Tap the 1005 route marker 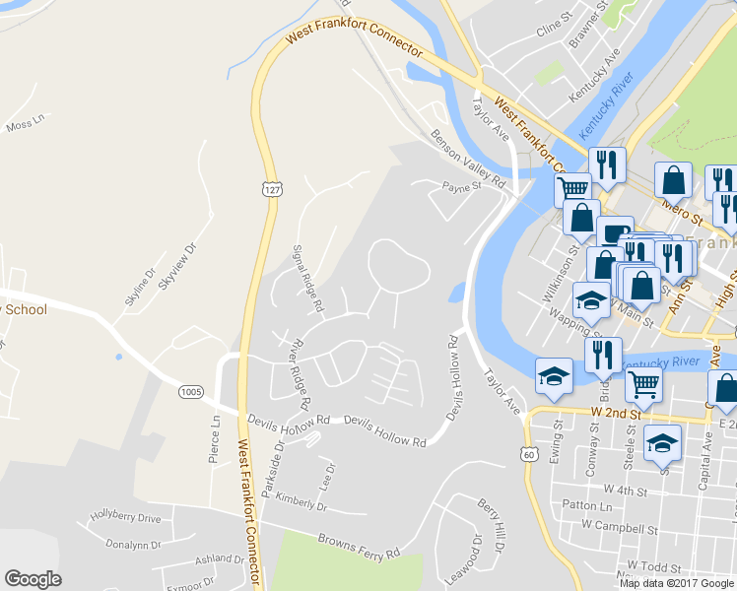pyautogui.click(x=192, y=392)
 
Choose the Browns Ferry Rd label pyautogui.click(x=359, y=547)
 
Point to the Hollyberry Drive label pyautogui.click(x=125, y=517)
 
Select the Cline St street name pyautogui.click(x=554, y=25)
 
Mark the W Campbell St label pyautogui.click(x=619, y=528)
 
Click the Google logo pyautogui.click(x=33, y=579)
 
